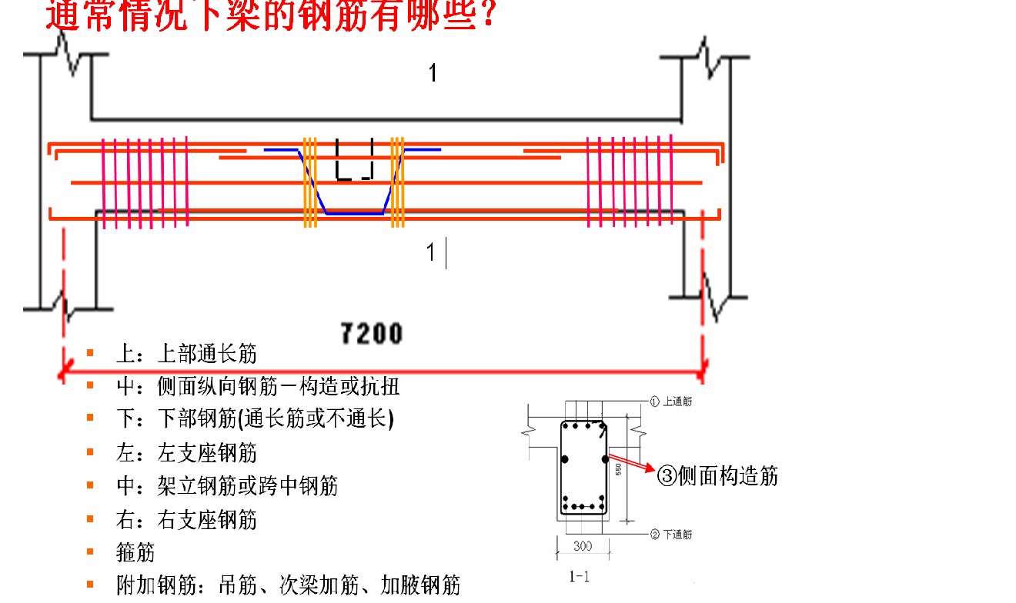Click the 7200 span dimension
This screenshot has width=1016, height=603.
click(372, 334)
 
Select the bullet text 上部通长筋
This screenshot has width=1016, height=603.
click(207, 354)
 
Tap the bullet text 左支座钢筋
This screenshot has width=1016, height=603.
click(207, 453)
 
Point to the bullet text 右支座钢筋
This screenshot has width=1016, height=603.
click(207, 520)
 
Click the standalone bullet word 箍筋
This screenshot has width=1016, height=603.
click(135, 552)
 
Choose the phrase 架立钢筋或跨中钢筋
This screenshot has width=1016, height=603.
click(247, 486)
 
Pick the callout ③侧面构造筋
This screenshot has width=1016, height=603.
click(717, 476)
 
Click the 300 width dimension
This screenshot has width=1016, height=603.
click(583, 546)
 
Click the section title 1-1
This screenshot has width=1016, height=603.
click(579, 576)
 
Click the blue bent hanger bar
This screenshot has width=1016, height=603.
click(353, 212)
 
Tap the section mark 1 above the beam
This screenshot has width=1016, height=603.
click(433, 74)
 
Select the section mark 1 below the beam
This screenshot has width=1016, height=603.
click(431, 252)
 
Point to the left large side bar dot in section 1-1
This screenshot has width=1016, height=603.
click(564, 459)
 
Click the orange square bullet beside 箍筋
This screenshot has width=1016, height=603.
click(90, 551)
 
